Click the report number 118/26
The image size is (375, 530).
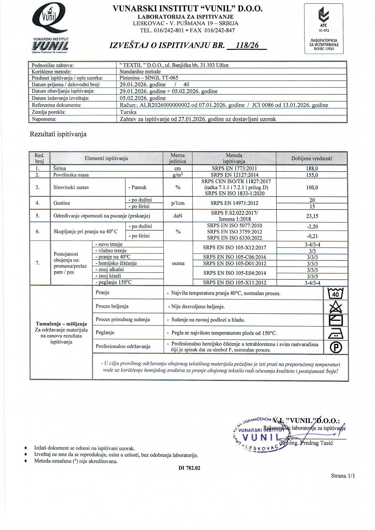(x=247, y=45)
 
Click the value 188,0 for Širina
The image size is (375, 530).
(x=312, y=168)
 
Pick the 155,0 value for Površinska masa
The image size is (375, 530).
(x=312, y=175)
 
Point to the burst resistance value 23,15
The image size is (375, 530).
(x=312, y=216)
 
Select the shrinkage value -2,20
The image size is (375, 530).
(x=312, y=226)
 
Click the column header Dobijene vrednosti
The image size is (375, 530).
(x=311, y=158)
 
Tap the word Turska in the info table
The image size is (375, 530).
(x=128, y=112)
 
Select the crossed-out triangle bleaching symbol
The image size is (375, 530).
(x=336, y=307)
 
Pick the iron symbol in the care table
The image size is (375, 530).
(x=336, y=333)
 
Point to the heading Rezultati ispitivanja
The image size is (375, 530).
(x=58, y=134)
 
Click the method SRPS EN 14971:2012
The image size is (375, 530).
(x=234, y=203)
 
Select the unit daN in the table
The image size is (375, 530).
(x=178, y=216)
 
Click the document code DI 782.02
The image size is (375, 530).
(x=189, y=468)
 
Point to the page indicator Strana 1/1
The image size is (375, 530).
(x=343, y=476)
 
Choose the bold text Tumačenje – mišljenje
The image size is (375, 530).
(x=61, y=324)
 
